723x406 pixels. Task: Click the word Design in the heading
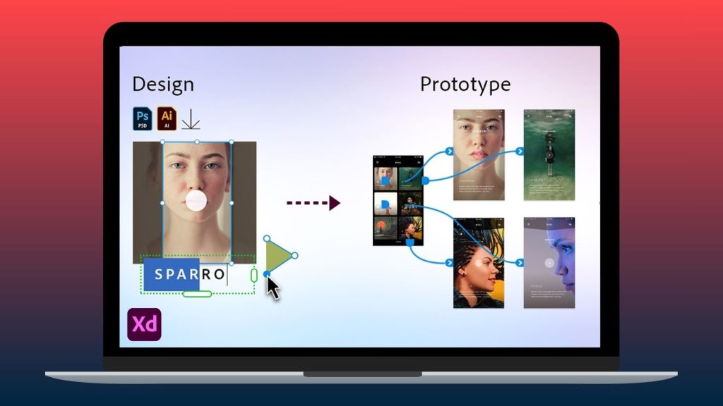(163, 85)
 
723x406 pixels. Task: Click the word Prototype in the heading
(465, 85)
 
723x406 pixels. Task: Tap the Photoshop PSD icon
(143, 118)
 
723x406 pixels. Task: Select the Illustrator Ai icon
(167, 118)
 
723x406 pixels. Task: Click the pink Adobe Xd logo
(144, 325)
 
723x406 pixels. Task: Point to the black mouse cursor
(273, 288)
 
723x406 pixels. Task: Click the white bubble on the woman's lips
(196, 201)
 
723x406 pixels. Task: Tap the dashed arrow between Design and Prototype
(313, 203)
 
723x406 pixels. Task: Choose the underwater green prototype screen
(549, 155)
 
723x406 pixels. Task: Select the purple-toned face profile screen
(549, 263)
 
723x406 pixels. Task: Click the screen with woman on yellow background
(479, 263)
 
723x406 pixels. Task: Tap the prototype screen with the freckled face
(479, 155)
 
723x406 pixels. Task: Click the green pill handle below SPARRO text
(197, 293)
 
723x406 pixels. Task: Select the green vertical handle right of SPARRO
(253, 275)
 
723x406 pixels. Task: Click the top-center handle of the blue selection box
(197, 142)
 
